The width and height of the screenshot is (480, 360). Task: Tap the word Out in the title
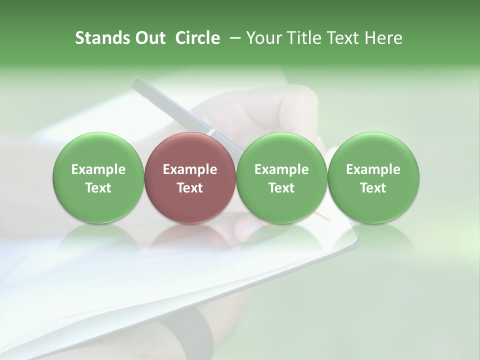coord(149,38)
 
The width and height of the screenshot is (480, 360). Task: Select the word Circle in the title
coord(197,38)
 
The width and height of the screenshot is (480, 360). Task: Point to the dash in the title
coord(233,38)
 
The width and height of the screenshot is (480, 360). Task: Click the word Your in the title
coord(262,38)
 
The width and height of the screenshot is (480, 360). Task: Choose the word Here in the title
coord(384,38)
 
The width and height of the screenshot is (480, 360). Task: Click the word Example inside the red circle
coord(190,169)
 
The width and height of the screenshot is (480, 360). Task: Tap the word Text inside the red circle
coord(190,188)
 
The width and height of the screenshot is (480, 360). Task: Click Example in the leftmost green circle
coord(98,169)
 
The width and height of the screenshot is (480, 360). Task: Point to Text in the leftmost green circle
coord(98,188)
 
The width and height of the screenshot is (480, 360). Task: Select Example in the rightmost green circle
coord(373,169)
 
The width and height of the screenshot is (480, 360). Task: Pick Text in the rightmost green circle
coord(373,188)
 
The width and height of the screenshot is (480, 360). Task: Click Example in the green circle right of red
coord(281,169)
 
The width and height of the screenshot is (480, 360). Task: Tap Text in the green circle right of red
coord(281,188)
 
